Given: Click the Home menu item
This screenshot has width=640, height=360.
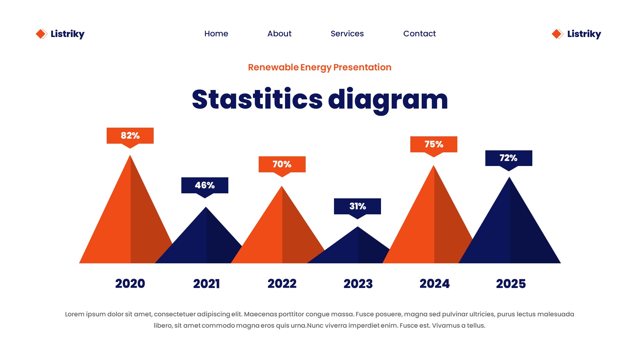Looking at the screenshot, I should (x=216, y=34).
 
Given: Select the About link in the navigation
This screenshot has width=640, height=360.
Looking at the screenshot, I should (x=279, y=34).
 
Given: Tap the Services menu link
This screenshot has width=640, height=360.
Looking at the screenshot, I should (x=347, y=34).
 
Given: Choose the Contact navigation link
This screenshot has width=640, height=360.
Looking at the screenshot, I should (x=419, y=34).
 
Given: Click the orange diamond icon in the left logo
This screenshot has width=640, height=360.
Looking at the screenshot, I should (x=41, y=34).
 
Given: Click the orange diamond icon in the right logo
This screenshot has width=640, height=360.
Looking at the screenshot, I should (x=557, y=34).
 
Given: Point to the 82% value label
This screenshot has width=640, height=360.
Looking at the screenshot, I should (x=130, y=136).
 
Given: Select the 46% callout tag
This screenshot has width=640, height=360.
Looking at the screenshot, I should (x=205, y=185).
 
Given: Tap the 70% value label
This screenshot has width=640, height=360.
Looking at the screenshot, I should (x=282, y=164).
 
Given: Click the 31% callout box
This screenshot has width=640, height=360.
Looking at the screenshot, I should (x=357, y=206).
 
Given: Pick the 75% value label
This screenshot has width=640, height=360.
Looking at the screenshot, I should (x=434, y=144).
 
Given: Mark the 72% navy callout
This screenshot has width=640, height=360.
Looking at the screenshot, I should (x=509, y=158).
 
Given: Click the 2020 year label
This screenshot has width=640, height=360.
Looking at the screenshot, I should (x=130, y=284).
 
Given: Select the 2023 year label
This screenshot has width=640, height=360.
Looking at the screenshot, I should (x=358, y=284).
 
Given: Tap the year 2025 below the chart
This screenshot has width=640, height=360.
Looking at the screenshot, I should (x=511, y=284).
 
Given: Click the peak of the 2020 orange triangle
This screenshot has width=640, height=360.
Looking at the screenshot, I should (x=130, y=156).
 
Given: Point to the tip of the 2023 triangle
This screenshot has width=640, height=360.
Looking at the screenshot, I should (x=358, y=227).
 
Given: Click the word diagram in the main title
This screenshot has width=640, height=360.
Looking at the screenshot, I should (x=388, y=100).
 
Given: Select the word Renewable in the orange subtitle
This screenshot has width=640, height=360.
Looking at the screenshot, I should (x=273, y=67).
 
